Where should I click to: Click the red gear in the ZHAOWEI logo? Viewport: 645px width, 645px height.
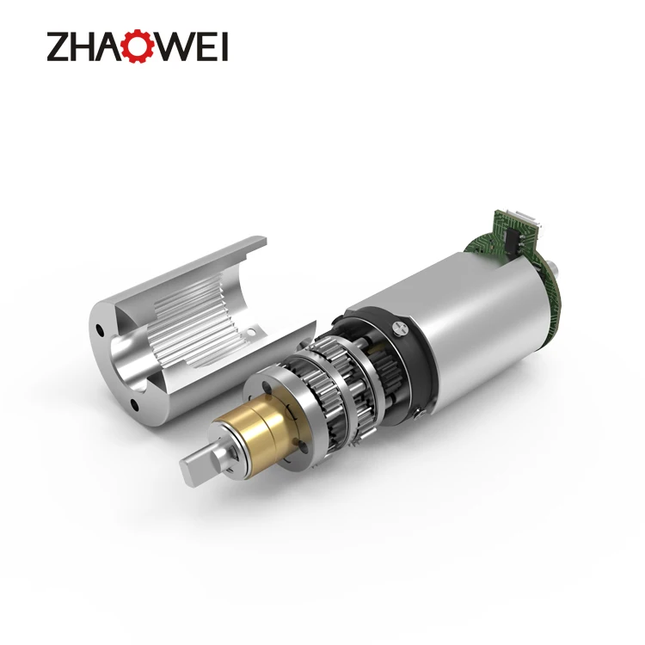click(x=138, y=46)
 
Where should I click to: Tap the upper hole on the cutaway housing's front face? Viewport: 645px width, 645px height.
click(x=101, y=329)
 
